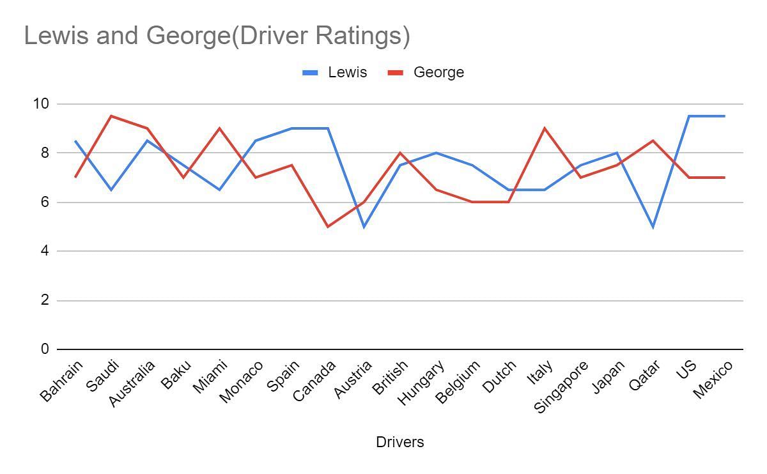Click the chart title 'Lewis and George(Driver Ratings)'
click(217, 36)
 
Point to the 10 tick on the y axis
click(40, 103)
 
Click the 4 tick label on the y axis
click(45, 251)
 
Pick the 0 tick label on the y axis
click(45, 349)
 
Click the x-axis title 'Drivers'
click(399, 442)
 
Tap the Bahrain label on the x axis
click(62, 381)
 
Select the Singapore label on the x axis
click(561, 386)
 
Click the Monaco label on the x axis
click(242, 381)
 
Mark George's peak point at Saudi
click(111, 116)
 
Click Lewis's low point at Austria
click(364, 227)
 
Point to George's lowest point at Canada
click(328, 227)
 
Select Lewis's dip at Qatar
click(653, 227)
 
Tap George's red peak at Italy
click(545, 128)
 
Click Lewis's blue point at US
click(689, 116)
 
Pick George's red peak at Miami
click(220, 128)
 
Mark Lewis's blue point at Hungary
click(436, 153)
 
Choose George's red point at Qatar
click(653, 141)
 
